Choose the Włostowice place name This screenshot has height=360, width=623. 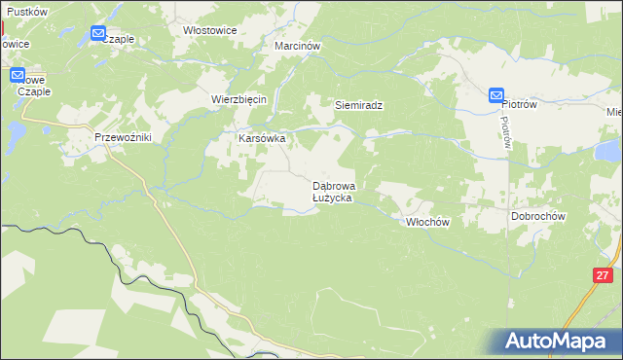[210, 30]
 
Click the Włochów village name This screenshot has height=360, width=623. [426, 222]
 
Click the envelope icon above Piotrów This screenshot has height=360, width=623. [496, 95]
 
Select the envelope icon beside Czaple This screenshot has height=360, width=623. [99, 34]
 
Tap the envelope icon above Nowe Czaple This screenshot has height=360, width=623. [18, 75]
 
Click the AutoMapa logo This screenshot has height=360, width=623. [558, 342]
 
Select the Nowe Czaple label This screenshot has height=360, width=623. [32, 86]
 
